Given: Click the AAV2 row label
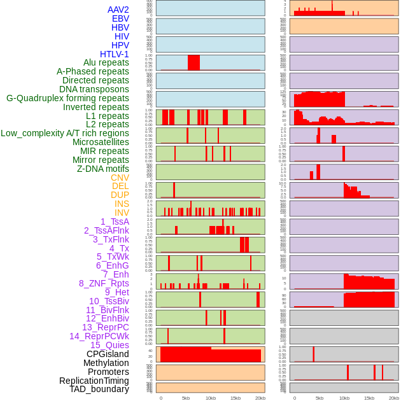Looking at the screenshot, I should [118, 10].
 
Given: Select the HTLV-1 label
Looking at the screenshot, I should [114, 54].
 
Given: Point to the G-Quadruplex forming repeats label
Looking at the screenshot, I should [67, 99].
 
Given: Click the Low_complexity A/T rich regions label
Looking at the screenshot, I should [65, 133].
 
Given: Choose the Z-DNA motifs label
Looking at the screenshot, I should [103, 169].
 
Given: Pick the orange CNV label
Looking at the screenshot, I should [120, 178].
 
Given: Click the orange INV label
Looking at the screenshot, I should [122, 213].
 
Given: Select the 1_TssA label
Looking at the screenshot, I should [115, 222].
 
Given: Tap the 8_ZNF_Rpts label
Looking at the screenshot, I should [104, 283].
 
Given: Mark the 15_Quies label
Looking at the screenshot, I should [109, 345].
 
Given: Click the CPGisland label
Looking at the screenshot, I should [108, 354].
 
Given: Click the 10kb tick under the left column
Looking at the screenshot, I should [211, 398].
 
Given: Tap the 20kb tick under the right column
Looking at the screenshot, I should [394, 398].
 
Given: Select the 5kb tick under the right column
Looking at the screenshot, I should [320, 398].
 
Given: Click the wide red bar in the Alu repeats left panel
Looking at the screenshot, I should [193, 62].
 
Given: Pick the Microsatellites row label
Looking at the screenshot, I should [101, 142].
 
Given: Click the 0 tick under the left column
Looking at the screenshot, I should [160, 398].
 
